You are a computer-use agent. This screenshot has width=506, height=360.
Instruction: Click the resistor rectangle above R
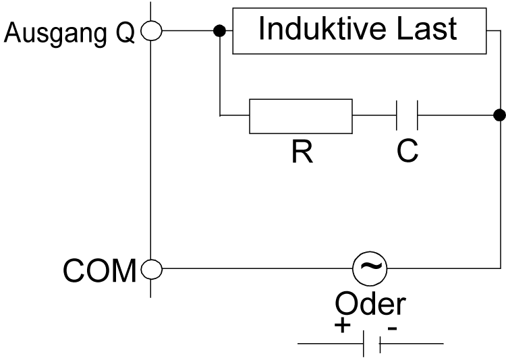click(300, 117)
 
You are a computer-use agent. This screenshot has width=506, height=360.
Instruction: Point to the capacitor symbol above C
click(407, 116)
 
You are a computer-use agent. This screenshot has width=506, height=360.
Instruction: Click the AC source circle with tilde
click(369, 270)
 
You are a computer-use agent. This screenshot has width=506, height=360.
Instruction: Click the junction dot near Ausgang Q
click(219, 31)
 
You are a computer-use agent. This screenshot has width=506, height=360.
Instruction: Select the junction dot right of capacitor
click(499, 115)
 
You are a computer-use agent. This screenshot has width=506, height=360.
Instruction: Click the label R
click(302, 153)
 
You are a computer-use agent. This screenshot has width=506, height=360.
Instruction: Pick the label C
click(407, 153)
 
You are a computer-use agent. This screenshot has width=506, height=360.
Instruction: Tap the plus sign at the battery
click(343, 326)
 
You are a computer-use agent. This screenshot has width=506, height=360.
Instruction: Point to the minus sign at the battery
click(392, 327)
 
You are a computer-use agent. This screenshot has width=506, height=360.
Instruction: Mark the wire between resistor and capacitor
click(374, 116)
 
